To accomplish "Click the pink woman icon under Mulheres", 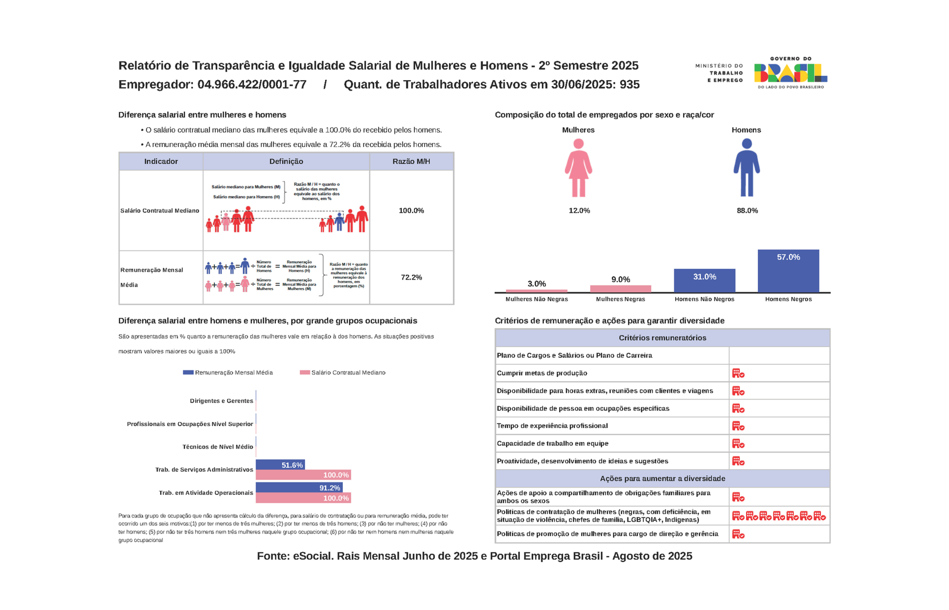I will coord(578,168).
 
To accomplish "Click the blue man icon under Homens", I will coord(746,168).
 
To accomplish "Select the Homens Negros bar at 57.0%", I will coord(788,271).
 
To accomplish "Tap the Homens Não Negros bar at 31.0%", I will coord(704,281).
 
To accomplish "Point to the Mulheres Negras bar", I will coord(620,288).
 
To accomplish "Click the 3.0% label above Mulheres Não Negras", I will coord(536,283).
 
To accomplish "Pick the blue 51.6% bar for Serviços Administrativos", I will coord(280,465).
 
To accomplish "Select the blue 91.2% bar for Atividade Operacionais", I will coord(299,488).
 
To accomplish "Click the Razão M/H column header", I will coord(411,161).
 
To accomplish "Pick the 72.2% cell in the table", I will coord(411,277).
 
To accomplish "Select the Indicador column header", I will coord(161,161).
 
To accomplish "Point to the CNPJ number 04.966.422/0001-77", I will coord(252,84).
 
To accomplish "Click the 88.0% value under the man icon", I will coord(747,211).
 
